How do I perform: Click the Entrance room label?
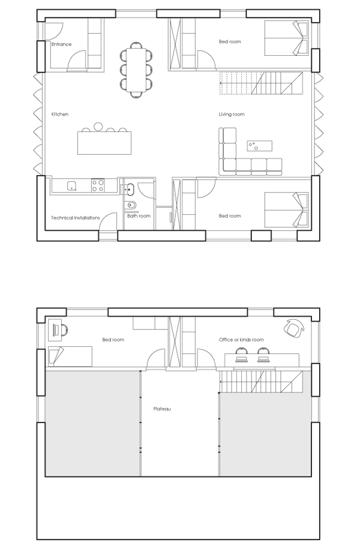tap(61, 44)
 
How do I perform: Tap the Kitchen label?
tap(60, 114)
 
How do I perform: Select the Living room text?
tap(232, 114)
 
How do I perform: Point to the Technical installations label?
tap(75, 218)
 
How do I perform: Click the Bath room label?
tap(139, 216)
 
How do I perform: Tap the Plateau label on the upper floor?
tap(162, 409)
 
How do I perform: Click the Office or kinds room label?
tap(241, 340)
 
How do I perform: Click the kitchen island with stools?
tap(104, 140)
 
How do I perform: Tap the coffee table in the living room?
tap(259, 146)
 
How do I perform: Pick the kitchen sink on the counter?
tap(72, 185)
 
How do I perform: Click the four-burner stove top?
tap(98, 185)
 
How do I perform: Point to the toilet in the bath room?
tap(131, 205)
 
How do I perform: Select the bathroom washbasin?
tap(130, 189)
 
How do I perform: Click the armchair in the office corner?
tap(294, 328)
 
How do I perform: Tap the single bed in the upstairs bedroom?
tap(70, 356)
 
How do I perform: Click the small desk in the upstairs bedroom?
tap(55, 330)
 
